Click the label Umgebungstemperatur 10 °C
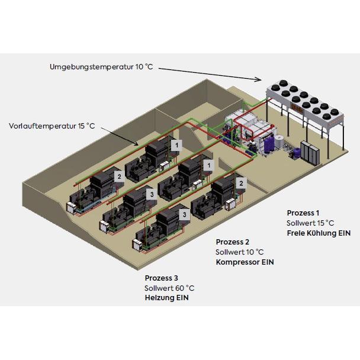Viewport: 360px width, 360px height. point(101,67)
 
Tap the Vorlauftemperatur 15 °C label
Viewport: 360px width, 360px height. point(52,126)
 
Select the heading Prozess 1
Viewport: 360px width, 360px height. point(303,213)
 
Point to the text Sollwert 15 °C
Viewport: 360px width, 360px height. point(310,223)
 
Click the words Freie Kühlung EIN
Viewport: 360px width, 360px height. point(319,233)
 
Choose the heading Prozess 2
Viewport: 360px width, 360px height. point(232,242)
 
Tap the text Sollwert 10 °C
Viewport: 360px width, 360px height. point(239,252)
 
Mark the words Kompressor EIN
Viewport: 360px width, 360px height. point(245,262)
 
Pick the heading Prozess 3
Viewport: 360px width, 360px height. point(161,278)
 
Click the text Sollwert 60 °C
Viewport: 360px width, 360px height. point(169,288)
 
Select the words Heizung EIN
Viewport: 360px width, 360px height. point(167,298)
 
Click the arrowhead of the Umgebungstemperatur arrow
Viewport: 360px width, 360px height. point(259,79)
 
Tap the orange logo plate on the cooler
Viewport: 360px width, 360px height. point(297,108)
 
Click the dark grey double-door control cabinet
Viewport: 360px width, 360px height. point(310,152)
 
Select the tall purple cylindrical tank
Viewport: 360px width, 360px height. point(268,144)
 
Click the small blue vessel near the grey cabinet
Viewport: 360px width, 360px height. point(297,152)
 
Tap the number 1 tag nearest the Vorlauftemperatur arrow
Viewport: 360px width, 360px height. point(176,145)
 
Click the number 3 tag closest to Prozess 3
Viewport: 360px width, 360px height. point(184,215)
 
